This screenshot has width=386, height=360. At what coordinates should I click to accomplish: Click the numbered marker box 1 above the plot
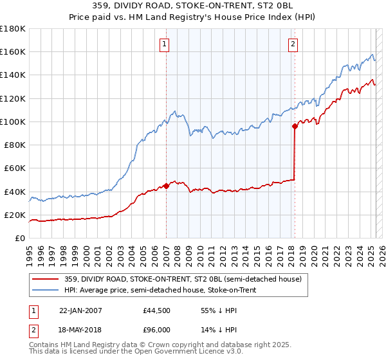[165, 44]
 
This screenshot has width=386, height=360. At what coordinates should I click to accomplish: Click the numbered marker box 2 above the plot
[293, 44]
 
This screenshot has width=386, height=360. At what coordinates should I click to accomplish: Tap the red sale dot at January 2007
[166, 186]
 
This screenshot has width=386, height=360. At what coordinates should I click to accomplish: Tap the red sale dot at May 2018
[295, 126]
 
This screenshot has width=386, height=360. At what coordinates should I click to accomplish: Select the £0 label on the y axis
[20, 238]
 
